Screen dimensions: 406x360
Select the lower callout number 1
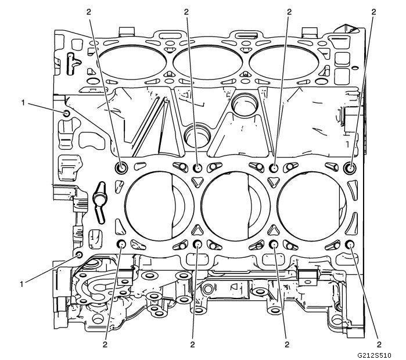click(x=23, y=284)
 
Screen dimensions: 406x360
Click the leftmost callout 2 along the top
click(x=88, y=11)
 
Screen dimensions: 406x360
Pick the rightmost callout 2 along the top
click(x=374, y=11)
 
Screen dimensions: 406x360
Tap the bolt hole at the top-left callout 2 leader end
click(x=121, y=168)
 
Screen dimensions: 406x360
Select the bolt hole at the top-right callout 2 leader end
click(x=350, y=168)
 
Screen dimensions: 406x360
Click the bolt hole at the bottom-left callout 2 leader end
click(x=122, y=244)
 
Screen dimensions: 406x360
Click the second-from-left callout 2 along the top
click(x=186, y=11)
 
